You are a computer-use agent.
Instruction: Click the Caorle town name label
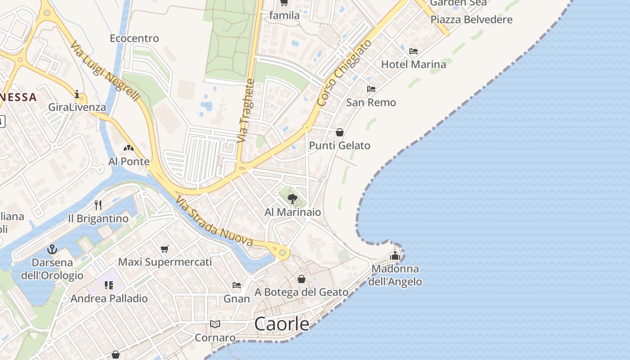tap(282, 324)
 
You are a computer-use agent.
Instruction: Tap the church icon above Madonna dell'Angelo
tap(395, 256)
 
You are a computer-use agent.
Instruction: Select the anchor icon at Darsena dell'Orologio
tap(52, 249)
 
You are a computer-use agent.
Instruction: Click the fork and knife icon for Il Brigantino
tap(98, 205)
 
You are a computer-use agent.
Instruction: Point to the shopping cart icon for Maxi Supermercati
tap(165, 249)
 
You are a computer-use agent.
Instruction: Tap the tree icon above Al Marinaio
tap(292, 198)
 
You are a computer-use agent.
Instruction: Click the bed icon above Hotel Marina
tap(414, 51)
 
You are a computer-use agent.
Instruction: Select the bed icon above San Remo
tap(371, 89)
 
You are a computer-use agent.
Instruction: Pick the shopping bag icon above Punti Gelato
tap(340, 132)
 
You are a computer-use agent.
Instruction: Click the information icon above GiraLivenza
tap(77, 94)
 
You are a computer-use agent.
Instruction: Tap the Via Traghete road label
tap(246, 111)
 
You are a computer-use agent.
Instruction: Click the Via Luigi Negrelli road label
tap(105, 72)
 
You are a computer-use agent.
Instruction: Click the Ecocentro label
tap(134, 39)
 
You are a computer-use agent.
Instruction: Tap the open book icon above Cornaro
tap(215, 324)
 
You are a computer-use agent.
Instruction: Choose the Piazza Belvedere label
tap(471, 20)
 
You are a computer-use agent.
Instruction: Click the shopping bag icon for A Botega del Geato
tap(301, 279)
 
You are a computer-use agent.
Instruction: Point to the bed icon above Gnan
tap(237, 285)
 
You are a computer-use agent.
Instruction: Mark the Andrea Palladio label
tap(109, 298)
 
